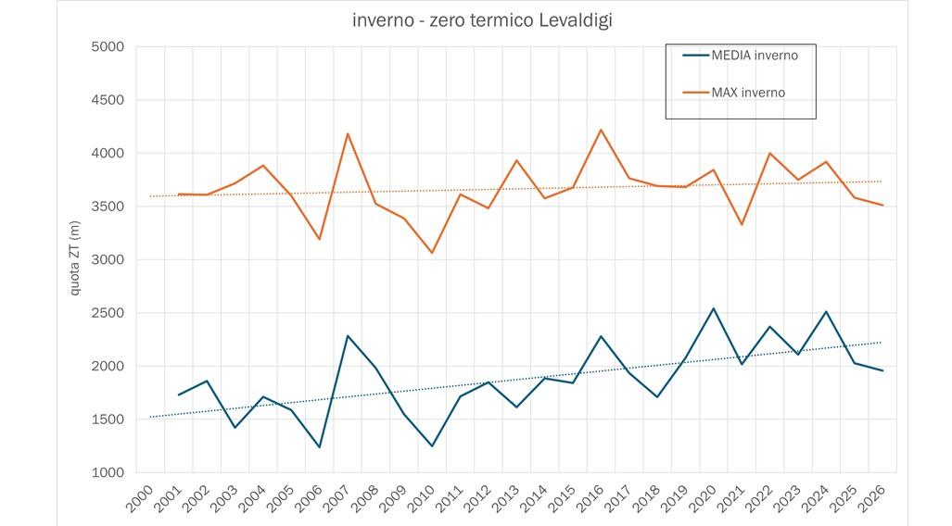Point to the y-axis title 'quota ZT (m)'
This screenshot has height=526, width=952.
coord(76,259)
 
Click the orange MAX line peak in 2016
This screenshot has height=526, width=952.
coord(601,130)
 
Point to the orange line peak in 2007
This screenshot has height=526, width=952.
coord(348,133)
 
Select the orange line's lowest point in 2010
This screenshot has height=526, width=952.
coord(432,253)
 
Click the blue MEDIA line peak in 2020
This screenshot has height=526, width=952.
coord(714,308)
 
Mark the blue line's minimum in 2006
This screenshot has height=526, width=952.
coord(320,447)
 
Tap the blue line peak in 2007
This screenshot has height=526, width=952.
coord(348,335)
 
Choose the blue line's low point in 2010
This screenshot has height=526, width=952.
coord(432,446)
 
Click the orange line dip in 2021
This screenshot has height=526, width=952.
coord(742,225)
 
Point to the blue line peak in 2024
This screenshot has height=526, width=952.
coord(826,311)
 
